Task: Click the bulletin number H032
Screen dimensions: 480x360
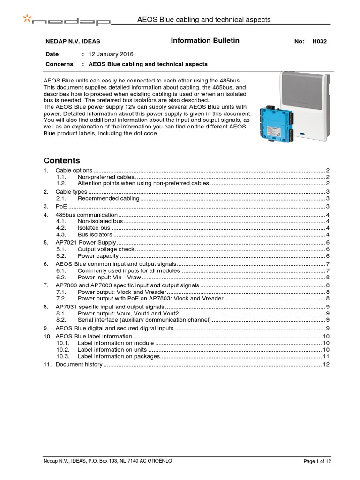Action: pos(319,41)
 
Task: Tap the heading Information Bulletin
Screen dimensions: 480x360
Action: pos(205,41)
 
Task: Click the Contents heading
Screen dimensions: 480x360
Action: pos(61,160)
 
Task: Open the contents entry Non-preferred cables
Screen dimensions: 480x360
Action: pos(106,177)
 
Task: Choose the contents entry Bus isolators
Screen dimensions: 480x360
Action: pos(95,234)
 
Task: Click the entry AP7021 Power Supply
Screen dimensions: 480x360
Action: pos(85,242)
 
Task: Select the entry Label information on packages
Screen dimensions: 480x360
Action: pos(119,356)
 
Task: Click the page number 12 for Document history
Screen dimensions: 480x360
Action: pos(326,364)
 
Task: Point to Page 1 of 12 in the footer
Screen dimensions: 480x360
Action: pos(317,462)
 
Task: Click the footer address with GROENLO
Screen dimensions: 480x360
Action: pos(107,461)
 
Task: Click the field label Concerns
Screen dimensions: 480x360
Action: pos(59,64)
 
